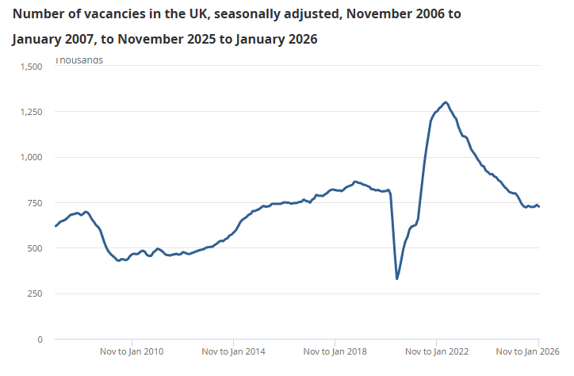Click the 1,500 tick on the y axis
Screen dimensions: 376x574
click(x=29, y=66)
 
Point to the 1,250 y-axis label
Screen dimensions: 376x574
click(x=29, y=112)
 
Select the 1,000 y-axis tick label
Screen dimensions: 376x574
click(x=29, y=157)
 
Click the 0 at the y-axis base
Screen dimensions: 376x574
click(x=40, y=340)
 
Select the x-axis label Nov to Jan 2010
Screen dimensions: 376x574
click(x=132, y=351)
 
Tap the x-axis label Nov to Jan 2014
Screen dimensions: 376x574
click(x=233, y=351)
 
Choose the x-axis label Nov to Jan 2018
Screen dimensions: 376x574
click(x=335, y=351)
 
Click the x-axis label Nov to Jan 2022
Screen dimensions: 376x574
click(x=436, y=351)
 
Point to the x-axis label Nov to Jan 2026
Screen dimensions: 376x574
click(x=527, y=351)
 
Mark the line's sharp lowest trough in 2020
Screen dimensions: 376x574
click(x=397, y=278)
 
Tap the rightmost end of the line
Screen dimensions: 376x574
click(x=539, y=206)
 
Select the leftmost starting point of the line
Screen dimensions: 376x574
click(x=55, y=226)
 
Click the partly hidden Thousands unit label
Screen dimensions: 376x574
click(x=78, y=59)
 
